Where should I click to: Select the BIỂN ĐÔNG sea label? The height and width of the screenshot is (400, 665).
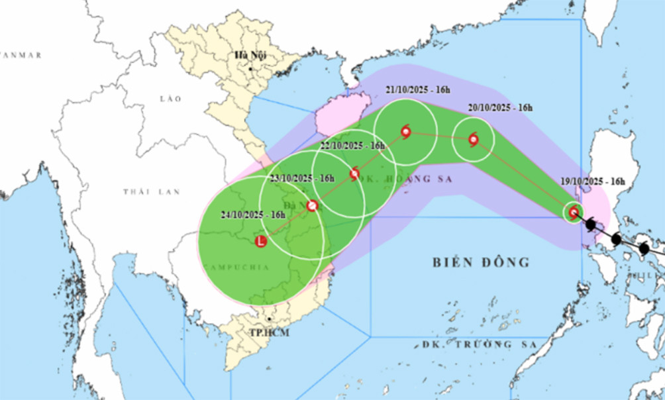click(482, 262)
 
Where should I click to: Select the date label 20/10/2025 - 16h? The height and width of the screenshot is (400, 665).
click(497, 108)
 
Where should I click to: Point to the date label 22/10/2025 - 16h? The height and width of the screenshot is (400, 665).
click(353, 145)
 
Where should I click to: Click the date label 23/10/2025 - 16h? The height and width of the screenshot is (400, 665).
click(302, 178)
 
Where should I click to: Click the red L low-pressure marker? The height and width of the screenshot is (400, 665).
click(260, 242)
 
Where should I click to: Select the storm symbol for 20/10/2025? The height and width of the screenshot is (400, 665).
click(473, 139)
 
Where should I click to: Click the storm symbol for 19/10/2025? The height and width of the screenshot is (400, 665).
click(574, 212)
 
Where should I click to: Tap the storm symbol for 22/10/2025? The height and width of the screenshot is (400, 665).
click(354, 174)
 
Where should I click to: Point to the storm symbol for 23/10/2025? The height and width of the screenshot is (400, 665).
click(313, 205)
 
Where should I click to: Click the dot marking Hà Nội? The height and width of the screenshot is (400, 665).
click(251, 68)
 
